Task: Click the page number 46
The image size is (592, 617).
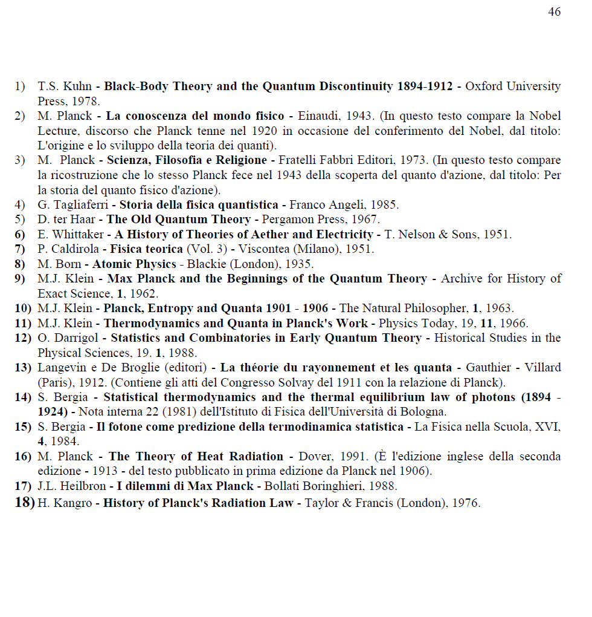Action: point(554,12)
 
